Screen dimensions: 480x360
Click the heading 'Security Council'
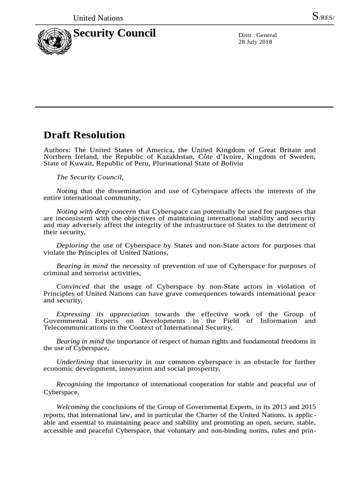[114, 33]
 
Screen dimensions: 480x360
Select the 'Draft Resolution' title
[84, 135]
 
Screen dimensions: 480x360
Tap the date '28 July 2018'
[255, 42]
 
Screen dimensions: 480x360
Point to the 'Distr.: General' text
[258, 35]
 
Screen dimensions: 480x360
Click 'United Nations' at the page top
[98, 18]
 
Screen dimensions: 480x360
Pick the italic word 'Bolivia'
[232, 163]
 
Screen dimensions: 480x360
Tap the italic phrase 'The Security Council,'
[90, 177]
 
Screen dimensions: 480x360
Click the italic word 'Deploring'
[72, 246]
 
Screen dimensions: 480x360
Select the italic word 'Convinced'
[73, 286]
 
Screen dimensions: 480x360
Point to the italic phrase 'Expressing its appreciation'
[103, 314]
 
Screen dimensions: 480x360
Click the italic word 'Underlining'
[75, 362]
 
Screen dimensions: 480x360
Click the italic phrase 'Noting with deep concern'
[96, 211]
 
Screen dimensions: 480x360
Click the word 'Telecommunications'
[73, 328]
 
